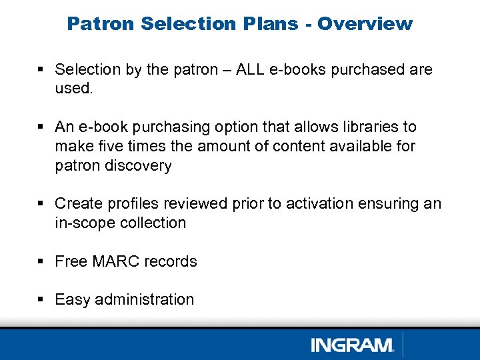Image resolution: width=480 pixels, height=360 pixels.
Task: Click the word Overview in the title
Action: (365, 23)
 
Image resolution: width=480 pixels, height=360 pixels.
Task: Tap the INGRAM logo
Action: (352, 345)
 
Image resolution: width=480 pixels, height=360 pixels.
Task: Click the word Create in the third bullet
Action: (77, 203)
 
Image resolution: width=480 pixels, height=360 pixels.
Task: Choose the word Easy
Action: (73, 300)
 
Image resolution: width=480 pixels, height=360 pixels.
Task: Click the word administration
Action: (144, 300)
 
